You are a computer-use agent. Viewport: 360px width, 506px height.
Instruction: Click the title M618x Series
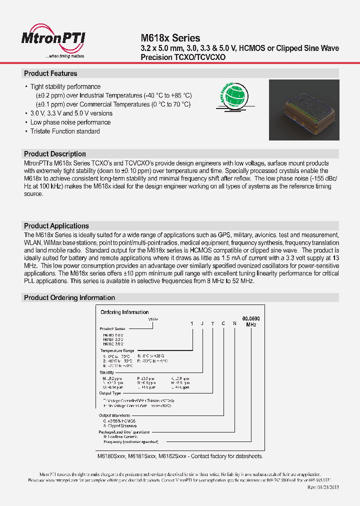(170, 38)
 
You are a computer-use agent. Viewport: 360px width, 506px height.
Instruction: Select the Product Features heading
(50, 73)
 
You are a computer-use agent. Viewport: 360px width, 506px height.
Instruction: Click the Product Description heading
(55, 154)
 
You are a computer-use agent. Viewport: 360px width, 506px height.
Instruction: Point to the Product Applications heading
(56, 226)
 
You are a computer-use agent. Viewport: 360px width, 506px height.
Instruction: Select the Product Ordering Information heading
(69, 297)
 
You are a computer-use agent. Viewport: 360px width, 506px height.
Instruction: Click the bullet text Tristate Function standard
(65, 131)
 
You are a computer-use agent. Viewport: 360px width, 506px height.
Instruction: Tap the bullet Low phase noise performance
(70, 122)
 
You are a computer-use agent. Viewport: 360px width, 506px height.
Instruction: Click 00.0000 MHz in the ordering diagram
(251, 321)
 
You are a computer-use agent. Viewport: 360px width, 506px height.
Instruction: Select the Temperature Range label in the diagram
(117, 351)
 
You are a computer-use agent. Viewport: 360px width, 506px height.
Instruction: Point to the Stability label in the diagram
(107, 372)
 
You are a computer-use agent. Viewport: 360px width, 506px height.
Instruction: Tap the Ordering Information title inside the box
(124, 312)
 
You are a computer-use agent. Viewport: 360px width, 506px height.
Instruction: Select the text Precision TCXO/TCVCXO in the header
(183, 57)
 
